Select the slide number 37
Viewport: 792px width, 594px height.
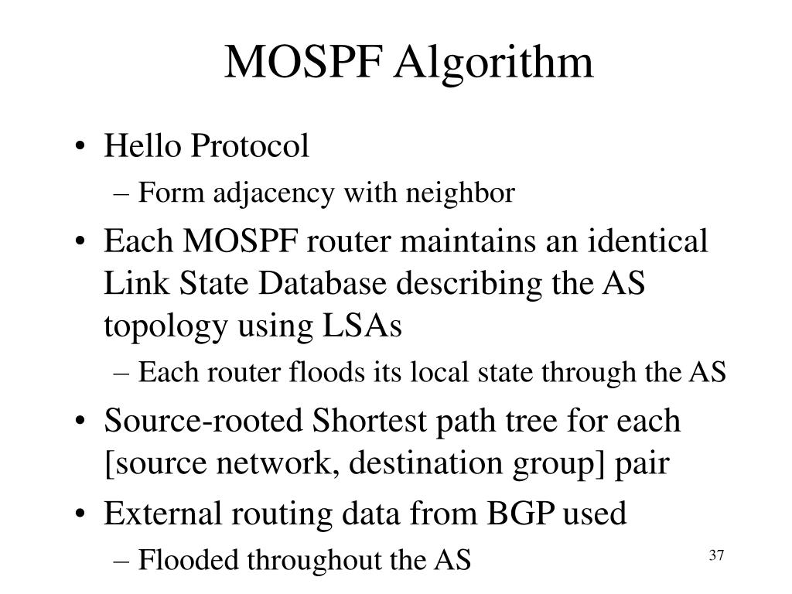pyautogui.click(x=715, y=556)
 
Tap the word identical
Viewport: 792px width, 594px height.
pyautogui.click(x=648, y=241)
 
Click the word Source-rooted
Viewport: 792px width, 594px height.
pyautogui.click(x=204, y=422)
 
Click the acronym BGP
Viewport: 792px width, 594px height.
pyautogui.click(x=523, y=514)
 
